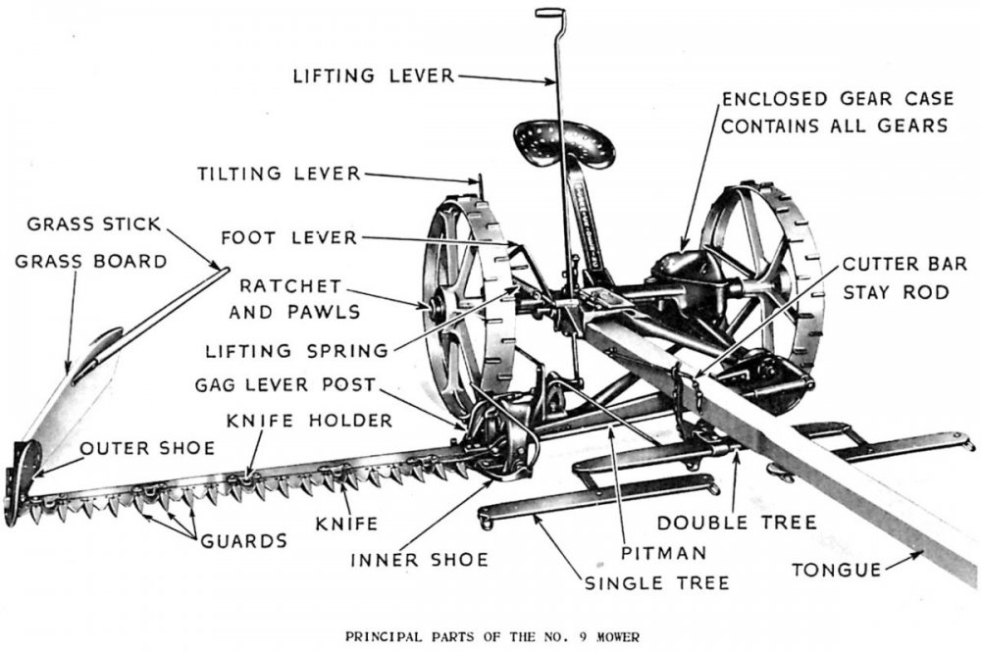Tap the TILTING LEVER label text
[x=279, y=174]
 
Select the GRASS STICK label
[x=93, y=224]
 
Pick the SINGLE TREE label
[x=656, y=582]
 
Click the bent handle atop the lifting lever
[x=550, y=13]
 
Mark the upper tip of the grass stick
[x=225, y=270]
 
